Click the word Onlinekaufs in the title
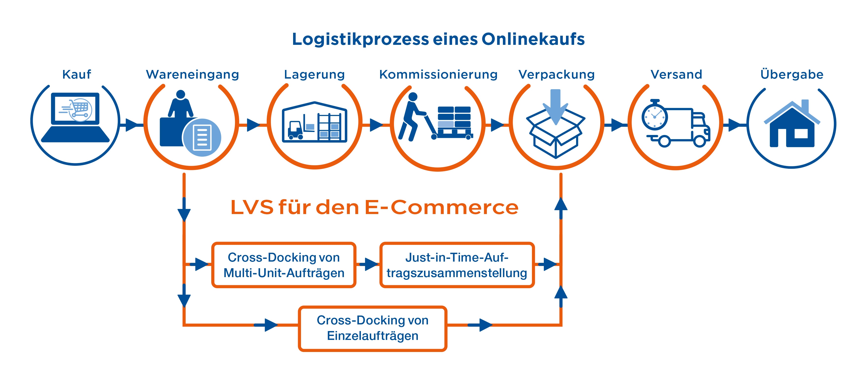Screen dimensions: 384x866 (x=533, y=39)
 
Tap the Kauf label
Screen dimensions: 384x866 (x=77, y=74)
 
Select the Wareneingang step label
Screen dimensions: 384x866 (x=192, y=74)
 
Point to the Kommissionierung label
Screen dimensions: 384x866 (x=438, y=74)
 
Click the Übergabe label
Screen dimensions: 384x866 (x=792, y=74)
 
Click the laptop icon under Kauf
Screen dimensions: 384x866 (x=75, y=117)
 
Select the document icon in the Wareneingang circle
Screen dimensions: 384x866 (x=202, y=137)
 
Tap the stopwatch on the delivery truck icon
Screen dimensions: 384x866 (x=654, y=116)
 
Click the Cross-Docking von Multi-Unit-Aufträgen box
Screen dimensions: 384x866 (x=284, y=265)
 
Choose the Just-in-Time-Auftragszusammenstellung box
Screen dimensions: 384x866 (x=457, y=265)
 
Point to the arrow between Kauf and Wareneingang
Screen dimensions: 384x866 (x=132, y=125)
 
